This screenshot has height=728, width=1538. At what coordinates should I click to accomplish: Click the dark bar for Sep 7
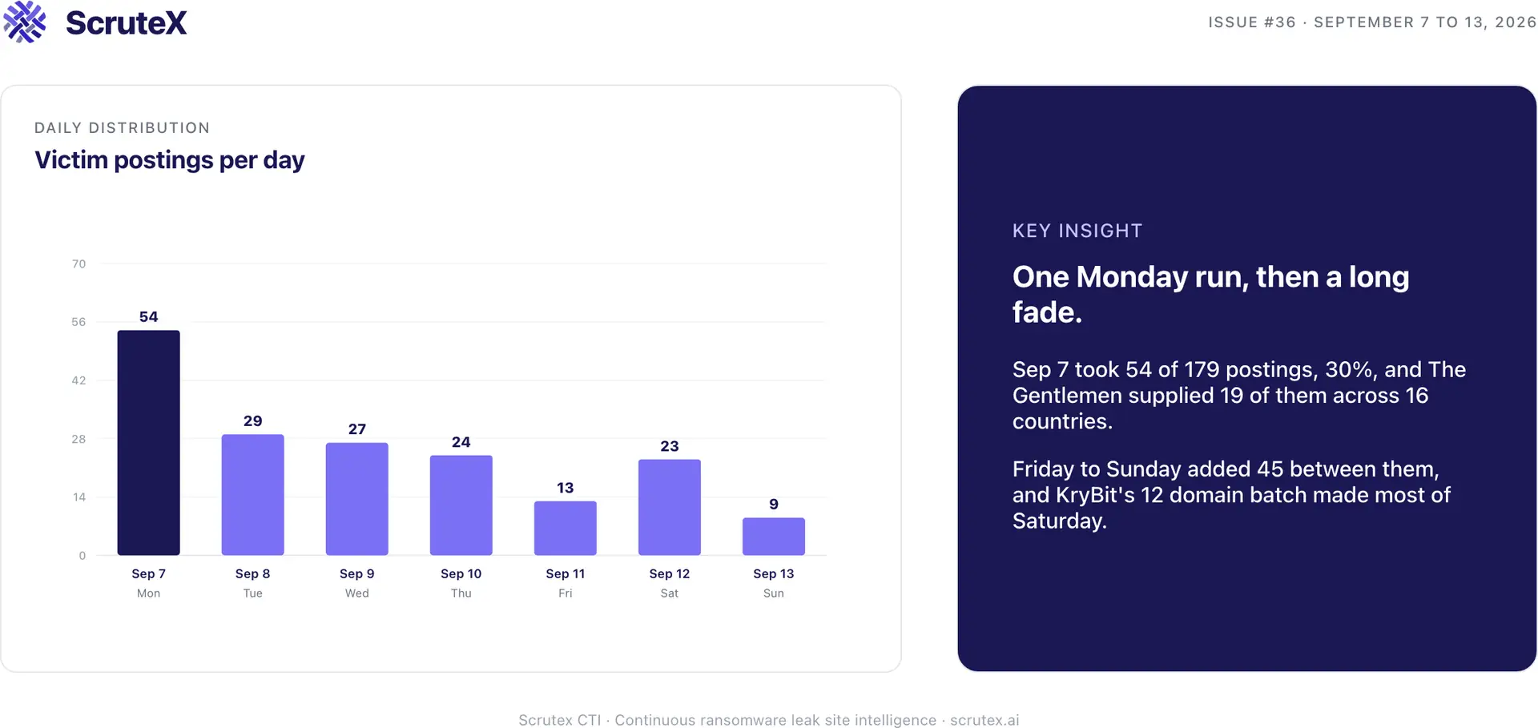coord(148,442)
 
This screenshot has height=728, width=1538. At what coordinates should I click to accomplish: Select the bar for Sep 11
coord(565,528)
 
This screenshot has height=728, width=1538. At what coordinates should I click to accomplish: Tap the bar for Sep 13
coord(773,537)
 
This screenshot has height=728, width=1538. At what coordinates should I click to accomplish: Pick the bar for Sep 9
coord(356,499)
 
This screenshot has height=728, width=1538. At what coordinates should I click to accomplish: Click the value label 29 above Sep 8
coord(252,421)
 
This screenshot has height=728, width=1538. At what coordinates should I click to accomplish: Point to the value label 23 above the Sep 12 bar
coord(669,446)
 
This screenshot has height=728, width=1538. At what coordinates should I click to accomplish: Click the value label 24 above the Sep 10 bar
coord(461,442)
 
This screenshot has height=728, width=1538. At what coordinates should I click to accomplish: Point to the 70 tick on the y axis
coord(79,263)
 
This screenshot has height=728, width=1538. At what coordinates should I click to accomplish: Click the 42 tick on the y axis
coord(79,380)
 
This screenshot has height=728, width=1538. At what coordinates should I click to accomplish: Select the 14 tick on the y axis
coord(79,497)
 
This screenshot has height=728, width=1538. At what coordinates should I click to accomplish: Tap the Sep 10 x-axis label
coord(461,573)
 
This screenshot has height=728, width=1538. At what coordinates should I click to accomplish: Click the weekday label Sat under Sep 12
coord(669,593)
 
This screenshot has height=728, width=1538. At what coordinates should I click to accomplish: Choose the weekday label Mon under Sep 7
coord(148,593)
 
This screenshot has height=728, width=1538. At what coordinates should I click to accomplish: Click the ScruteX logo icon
coord(25,22)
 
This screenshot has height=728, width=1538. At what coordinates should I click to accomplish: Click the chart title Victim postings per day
coord(170,160)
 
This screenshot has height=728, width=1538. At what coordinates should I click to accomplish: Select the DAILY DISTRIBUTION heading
coord(122,128)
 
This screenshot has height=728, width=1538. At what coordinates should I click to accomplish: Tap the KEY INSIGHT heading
coord(1077,231)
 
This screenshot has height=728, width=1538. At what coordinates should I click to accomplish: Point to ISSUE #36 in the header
coord(1252,22)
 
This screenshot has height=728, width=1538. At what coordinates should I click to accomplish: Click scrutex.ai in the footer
coord(984,720)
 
